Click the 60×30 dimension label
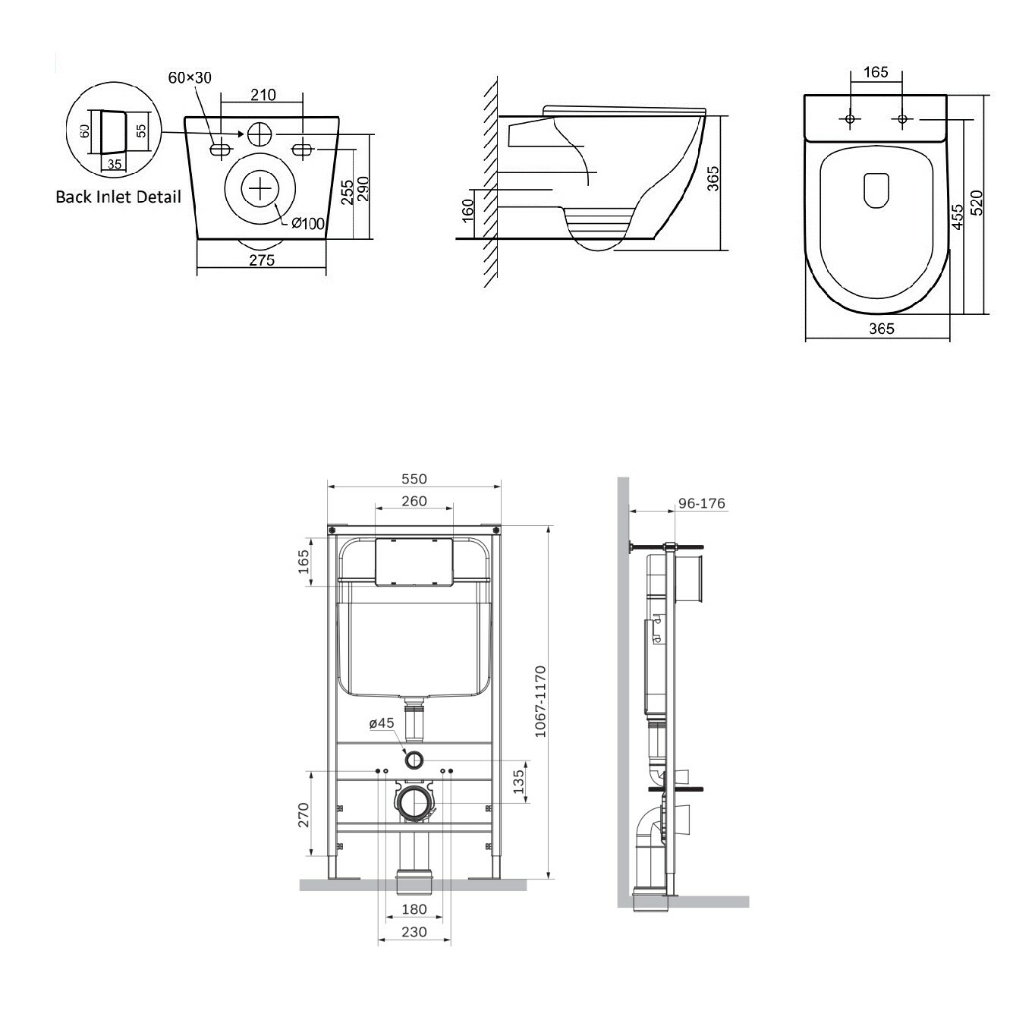[190, 78]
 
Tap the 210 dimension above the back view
[263, 95]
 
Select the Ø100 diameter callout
[308, 223]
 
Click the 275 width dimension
[262, 260]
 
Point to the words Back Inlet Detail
[118, 197]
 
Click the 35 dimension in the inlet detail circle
[115, 164]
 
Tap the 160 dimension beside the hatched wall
[468, 210]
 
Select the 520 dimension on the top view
[977, 203]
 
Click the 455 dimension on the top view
[957, 216]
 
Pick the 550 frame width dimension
[414, 479]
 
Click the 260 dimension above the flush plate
[414, 501]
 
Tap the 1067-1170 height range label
[540, 701]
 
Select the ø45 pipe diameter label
[382, 723]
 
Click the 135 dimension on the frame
[518, 782]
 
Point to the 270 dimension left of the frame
[304, 815]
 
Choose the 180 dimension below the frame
[414, 909]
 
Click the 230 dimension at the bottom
[414, 932]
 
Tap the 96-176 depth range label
[701, 503]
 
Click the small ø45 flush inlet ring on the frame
[414, 760]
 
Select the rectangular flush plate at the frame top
[414, 562]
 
